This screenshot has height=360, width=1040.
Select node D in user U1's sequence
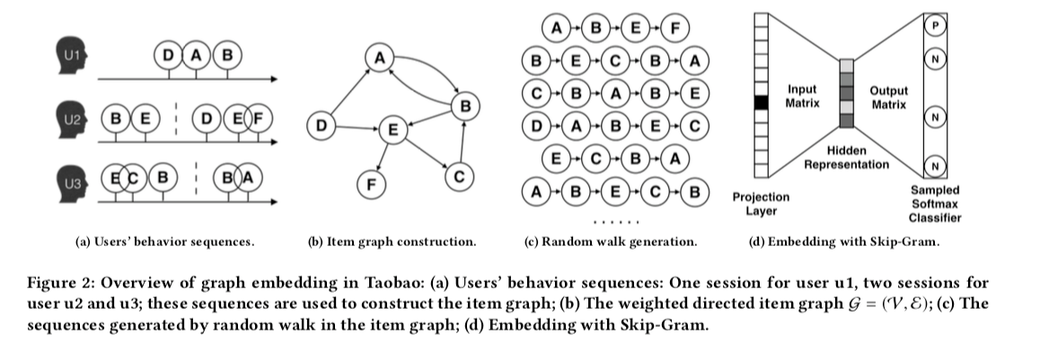[168, 56]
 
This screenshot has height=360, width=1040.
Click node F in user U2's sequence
[259, 118]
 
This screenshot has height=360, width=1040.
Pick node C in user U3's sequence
[133, 177]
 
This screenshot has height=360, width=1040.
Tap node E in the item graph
[392, 129]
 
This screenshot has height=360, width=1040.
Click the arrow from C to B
[461, 144]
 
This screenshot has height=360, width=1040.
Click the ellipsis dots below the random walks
[619, 222]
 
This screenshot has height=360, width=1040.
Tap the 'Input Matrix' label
[802, 96]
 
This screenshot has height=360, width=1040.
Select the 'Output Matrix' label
[889, 96]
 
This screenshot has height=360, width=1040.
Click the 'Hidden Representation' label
[846, 158]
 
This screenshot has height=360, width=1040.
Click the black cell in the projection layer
[762, 103]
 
